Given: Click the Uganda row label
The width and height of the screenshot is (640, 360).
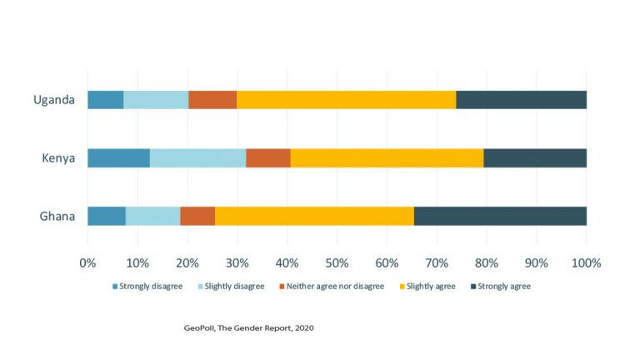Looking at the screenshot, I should pyautogui.click(x=54, y=100).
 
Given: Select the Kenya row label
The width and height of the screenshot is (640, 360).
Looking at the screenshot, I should pyautogui.click(x=57, y=157).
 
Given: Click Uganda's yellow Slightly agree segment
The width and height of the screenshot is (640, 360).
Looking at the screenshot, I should pyautogui.click(x=346, y=100).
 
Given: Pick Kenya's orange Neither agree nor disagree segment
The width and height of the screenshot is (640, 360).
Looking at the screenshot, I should pyautogui.click(x=267, y=157).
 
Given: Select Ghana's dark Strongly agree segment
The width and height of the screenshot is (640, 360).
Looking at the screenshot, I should pyautogui.click(x=500, y=216).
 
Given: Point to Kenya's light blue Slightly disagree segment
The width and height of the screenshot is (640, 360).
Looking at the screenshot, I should pyautogui.click(x=197, y=157).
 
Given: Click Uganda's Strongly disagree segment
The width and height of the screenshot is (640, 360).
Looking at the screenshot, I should pyautogui.click(x=105, y=100).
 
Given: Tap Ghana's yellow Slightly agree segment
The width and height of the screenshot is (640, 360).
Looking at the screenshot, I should pyautogui.click(x=314, y=216).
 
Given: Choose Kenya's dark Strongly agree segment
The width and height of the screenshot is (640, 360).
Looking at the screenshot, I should pyautogui.click(x=534, y=157).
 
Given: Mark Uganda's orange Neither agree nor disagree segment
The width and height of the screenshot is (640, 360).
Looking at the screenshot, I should pyautogui.click(x=212, y=100).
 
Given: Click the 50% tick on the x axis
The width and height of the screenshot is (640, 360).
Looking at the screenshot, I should pyautogui.click(x=337, y=262).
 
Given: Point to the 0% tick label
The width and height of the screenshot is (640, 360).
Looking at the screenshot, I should pyautogui.click(x=87, y=262).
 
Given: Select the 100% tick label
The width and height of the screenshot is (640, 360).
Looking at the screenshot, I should pyautogui.click(x=586, y=262).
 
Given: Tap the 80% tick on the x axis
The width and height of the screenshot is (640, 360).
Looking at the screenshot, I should pyautogui.click(x=487, y=262).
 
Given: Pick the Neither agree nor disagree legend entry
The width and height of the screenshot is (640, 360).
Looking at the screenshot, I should pyautogui.click(x=331, y=287).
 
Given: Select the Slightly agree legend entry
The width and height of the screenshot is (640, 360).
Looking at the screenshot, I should pyautogui.click(x=430, y=287).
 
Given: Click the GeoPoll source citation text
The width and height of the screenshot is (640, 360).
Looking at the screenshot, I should pyautogui.click(x=248, y=327).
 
